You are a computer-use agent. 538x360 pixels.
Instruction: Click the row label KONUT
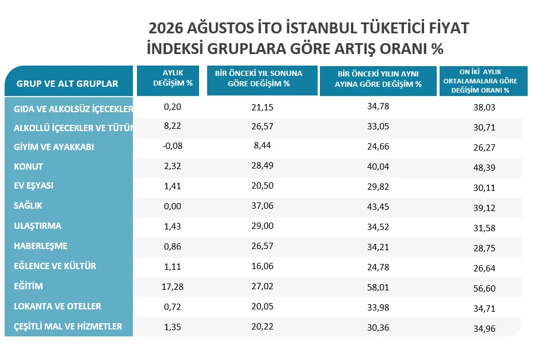coord(28,167)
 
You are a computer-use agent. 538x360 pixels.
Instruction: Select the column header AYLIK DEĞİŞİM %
coord(173,78)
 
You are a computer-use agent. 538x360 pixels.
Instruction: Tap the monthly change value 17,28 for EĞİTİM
coord(172,286)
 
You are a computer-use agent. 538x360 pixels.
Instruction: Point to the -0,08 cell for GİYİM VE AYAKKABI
coord(172,146)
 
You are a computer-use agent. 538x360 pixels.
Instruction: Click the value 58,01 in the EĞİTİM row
coord(378,287)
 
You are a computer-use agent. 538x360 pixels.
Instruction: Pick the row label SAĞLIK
coord(28,206)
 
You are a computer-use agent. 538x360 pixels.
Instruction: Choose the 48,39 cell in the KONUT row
coord(484,168)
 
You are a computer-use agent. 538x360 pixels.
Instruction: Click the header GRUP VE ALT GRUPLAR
coord(67,83)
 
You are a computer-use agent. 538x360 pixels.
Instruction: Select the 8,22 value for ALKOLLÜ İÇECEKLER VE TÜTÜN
coord(172,126)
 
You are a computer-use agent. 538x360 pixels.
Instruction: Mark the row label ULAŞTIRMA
coord(37,226)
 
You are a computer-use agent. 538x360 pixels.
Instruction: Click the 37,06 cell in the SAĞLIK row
coord(262,206)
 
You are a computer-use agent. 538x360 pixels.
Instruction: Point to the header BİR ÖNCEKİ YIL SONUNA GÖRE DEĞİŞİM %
coord(259,78)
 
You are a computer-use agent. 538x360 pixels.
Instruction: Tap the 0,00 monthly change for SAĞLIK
coord(172,206)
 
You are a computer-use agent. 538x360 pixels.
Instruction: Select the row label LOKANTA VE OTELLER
coord(58,307)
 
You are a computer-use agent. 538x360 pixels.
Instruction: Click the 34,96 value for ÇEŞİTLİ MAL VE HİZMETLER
coord(484,329)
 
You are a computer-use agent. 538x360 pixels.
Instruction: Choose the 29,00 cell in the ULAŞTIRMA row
coord(262,226)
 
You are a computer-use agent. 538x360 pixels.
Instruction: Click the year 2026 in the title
coord(166,28)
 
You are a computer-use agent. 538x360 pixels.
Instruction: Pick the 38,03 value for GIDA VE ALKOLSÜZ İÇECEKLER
coord(484,108)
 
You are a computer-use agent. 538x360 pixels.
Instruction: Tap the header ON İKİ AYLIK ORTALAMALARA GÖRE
coord(480,76)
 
